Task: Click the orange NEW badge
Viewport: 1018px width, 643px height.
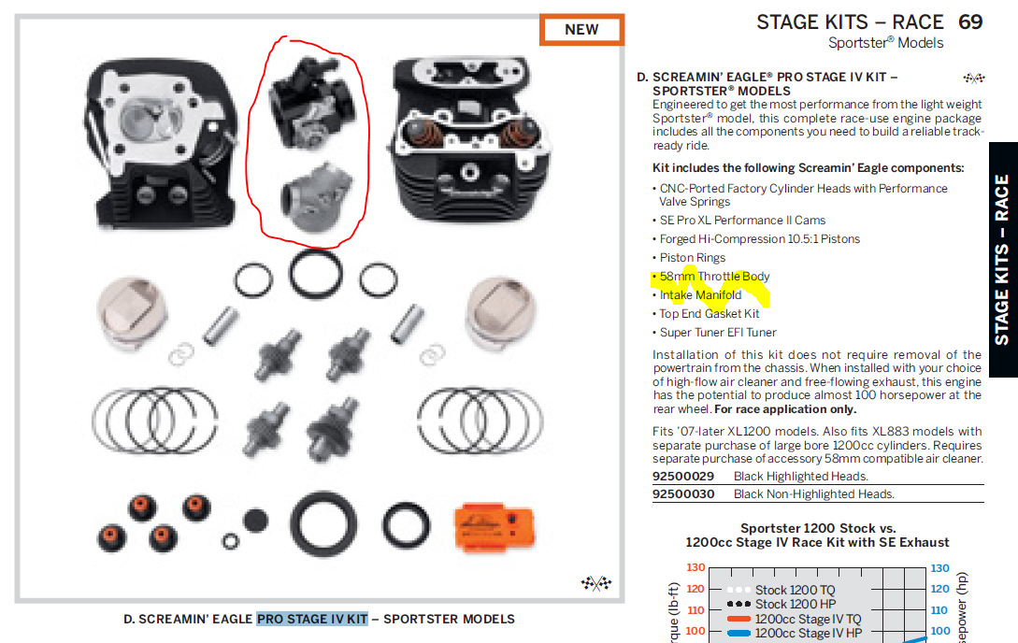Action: pos(581,30)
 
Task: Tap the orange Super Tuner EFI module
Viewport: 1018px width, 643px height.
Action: pos(495,525)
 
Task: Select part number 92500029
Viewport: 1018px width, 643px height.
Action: pos(683,477)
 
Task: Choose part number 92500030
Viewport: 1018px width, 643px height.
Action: pos(683,493)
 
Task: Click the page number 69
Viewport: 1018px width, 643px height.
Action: pos(970,22)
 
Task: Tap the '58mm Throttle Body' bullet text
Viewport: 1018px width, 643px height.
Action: pos(714,277)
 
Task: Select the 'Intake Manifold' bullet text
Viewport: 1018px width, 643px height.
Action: pos(700,295)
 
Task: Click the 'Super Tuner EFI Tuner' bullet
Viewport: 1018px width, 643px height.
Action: pos(718,332)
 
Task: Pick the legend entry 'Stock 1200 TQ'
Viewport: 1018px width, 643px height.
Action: pos(795,590)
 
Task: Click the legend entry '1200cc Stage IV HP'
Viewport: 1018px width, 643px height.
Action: pos(809,633)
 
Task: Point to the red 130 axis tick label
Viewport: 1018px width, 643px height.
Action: pos(695,567)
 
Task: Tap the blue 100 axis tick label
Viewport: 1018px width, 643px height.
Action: pos(939,631)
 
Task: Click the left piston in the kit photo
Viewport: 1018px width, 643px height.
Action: pos(132,313)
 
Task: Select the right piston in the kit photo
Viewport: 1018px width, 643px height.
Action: pos(500,313)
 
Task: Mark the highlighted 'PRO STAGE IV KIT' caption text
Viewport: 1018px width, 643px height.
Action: pos(312,619)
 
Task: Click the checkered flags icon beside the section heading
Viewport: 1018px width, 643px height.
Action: pos(974,79)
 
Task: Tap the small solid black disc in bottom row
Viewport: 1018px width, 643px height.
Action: pos(255,521)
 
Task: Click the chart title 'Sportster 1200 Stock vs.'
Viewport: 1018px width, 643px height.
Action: pos(817,528)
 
